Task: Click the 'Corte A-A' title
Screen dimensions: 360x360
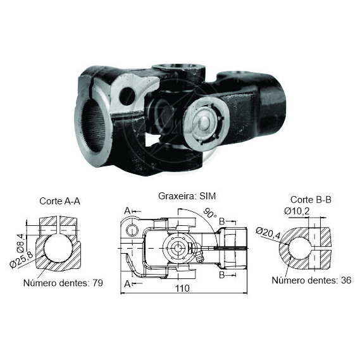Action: tap(59, 201)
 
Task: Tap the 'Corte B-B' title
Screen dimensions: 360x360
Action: tap(311, 200)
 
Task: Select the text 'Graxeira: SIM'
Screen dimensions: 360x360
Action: tap(187, 196)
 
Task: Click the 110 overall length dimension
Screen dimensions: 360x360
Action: tap(182, 288)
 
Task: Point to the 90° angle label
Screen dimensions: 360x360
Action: tap(210, 213)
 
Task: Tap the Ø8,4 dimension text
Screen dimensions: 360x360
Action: tap(20, 242)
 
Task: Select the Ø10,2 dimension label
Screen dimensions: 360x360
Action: tap(297, 211)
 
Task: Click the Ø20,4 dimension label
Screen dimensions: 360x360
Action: tap(268, 233)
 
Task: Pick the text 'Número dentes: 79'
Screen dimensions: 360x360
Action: tap(63, 283)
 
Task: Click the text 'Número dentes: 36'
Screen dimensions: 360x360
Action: tap(311, 280)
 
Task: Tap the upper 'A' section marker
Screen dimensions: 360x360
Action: tap(127, 211)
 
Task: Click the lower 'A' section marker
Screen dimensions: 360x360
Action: tap(127, 284)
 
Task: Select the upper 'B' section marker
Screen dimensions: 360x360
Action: tap(222, 221)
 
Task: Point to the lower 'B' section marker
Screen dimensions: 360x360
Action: tap(222, 275)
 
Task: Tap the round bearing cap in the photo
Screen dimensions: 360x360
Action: tap(207, 124)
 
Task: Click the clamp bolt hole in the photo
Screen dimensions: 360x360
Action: tap(127, 96)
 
